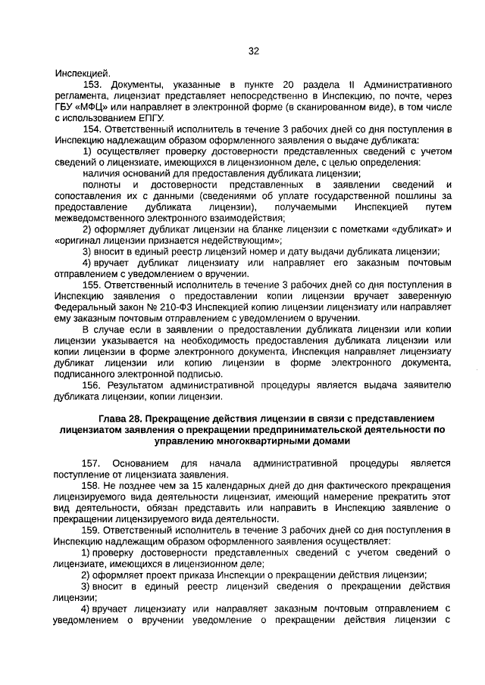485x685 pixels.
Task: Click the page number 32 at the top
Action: click(254, 51)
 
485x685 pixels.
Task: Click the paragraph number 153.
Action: click(92, 85)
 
